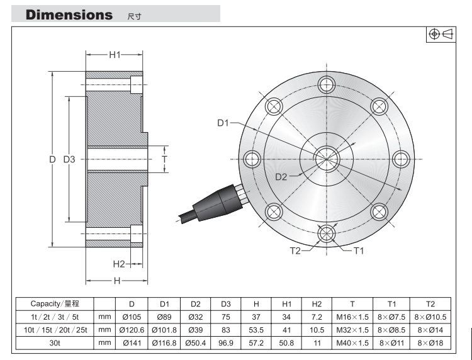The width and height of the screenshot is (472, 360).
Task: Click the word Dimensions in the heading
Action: point(69,14)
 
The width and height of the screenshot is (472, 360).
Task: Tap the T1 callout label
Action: point(359,250)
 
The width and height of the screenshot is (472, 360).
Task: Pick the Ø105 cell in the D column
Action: point(132,316)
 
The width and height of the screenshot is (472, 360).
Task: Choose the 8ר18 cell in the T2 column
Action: point(430,342)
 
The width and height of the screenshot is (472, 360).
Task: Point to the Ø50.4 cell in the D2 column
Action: point(196,342)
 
